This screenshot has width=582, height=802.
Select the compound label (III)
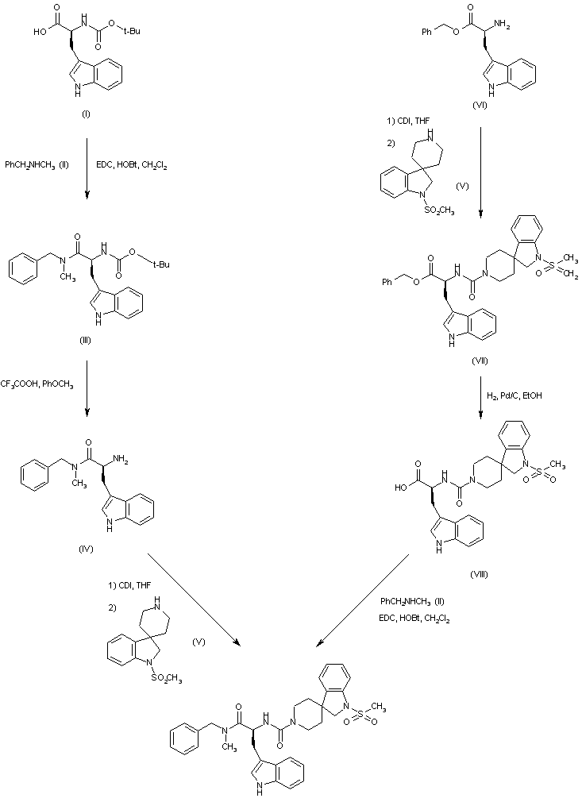(86, 341)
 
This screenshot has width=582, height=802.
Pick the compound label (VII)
(479, 361)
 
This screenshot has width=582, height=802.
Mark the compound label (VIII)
(479, 573)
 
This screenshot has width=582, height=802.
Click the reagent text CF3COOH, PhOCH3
(37, 385)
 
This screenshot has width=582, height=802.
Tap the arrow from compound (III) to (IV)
(86, 389)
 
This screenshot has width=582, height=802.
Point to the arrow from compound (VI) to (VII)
(481, 171)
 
